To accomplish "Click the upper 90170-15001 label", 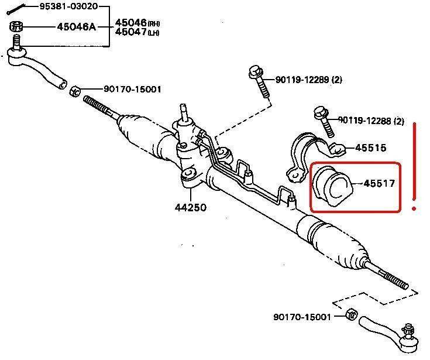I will [x=133, y=90].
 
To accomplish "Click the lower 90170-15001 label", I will [x=302, y=317].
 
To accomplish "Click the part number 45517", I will [x=379, y=183].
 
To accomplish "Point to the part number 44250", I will [x=190, y=207].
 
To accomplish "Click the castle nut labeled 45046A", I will [x=16, y=27].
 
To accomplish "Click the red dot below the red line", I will [x=414, y=208].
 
